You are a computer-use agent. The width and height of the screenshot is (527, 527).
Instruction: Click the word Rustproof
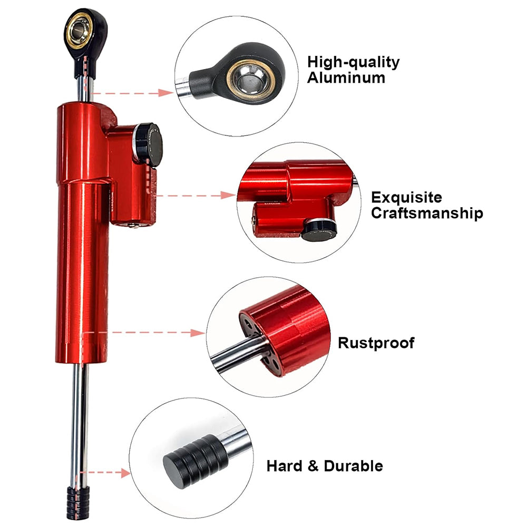[376, 343]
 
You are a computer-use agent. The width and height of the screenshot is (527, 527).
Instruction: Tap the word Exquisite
[406, 198]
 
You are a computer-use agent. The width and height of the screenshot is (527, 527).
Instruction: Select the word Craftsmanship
[427, 213]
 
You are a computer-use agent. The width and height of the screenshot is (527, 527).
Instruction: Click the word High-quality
[354, 62]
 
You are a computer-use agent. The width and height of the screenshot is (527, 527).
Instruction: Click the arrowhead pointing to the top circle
[168, 92]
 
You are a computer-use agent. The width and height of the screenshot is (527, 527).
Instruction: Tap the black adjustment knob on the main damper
[148, 144]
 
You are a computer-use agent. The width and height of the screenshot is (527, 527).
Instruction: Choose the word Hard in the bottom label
[284, 466]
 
